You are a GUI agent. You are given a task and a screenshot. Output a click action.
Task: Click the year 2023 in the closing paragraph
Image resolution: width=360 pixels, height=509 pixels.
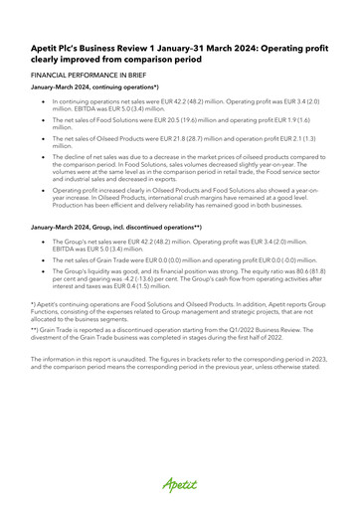329,385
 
